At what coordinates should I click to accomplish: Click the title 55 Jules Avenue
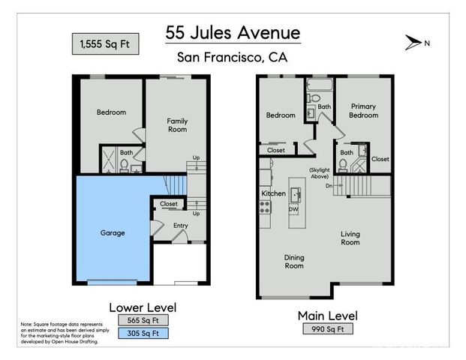(x=233, y=33)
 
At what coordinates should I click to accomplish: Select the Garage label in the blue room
(x=113, y=232)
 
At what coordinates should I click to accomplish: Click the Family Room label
(x=177, y=125)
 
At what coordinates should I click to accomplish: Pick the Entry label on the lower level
(x=181, y=225)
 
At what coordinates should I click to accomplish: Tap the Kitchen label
(x=273, y=193)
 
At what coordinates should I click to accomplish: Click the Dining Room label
(x=293, y=261)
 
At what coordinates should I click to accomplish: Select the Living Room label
(x=350, y=238)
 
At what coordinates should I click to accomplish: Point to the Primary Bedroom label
(x=363, y=111)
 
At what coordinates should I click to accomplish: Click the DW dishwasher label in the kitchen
(x=293, y=209)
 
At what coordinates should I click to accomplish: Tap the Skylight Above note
(x=319, y=173)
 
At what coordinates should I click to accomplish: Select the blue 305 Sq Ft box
(x=143, y=333)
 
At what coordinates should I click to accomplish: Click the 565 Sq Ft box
(x=143, y=320)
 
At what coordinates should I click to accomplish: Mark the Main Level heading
(x=327, y=315)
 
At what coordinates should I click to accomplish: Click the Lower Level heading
(x=143, y=307)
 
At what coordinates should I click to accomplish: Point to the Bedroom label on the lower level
(x=111, y=112)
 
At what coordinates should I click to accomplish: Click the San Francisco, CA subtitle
(x=233, y=57)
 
